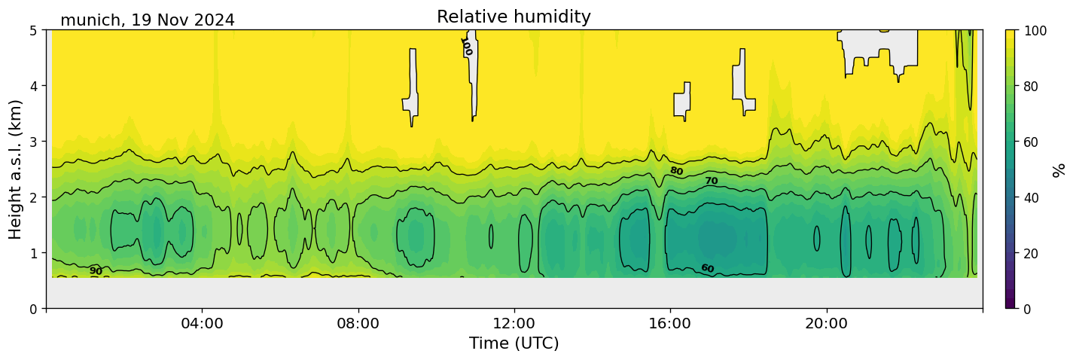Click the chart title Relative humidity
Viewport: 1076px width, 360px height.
click(514, 17)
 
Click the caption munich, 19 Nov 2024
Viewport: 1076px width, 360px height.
click(148, 20)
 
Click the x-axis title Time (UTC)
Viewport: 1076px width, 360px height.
click(514, 344)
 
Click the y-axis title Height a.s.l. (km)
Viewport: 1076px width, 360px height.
click(16, 169)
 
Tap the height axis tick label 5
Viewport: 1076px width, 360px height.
click(35, 30)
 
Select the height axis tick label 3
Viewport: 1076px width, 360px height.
click(35, 142)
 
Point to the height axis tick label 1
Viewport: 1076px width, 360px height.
click(35, 253)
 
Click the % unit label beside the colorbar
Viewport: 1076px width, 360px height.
click(1059, 169)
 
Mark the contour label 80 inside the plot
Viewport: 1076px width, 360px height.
click(676, 171)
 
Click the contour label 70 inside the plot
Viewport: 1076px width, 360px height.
click(711, 181)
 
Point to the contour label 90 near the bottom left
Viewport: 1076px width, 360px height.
click(96, 271)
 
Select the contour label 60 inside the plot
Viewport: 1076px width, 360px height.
click(707, 268)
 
